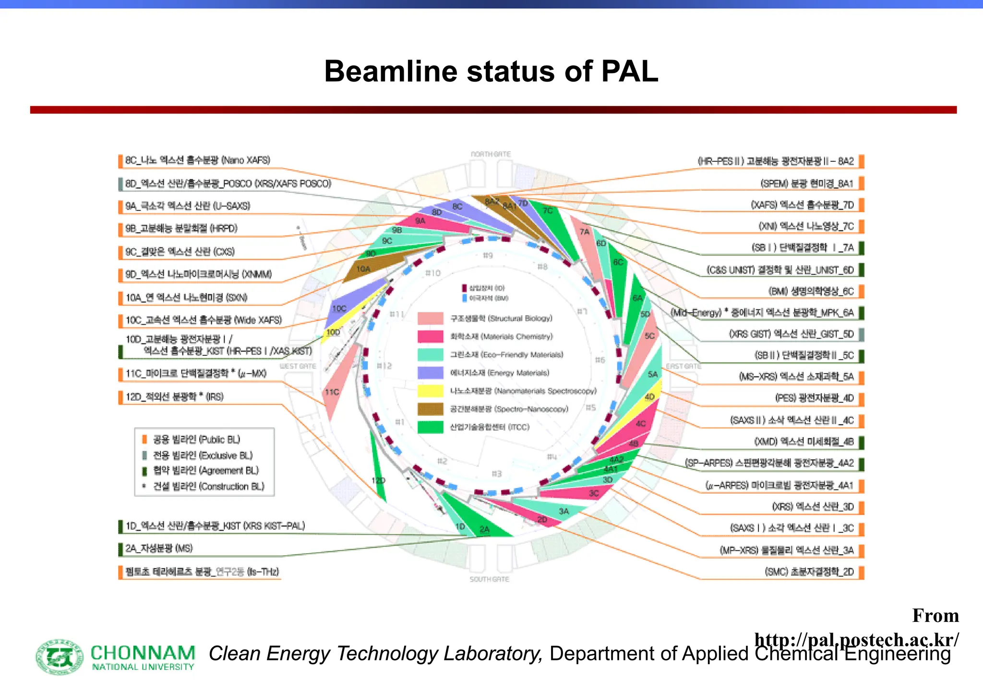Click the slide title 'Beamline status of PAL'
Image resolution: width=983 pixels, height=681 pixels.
(491, 72)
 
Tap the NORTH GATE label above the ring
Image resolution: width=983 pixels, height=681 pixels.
(491, 154)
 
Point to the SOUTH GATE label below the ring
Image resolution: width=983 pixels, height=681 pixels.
(489, 579)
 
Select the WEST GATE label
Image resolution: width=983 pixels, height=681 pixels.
(298, 366)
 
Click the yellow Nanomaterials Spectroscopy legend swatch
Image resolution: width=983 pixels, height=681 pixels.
(430, 391)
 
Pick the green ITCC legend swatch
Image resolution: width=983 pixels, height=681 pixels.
(430, 427)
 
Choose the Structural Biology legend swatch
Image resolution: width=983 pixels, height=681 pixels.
(430, 318)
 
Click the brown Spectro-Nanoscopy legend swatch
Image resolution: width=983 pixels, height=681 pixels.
(430, 409)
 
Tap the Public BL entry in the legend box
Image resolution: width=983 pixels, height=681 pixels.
(196, 439)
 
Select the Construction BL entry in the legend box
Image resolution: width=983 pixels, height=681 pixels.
(208, 486)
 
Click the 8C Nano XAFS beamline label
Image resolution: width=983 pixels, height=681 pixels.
(197, 160)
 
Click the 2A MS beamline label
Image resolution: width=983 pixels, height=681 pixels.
(159, 548)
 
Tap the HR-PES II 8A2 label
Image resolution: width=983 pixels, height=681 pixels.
(776, 161)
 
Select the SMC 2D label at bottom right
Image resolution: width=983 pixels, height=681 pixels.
(809, 572)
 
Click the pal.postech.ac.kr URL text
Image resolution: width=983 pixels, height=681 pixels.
(856, 640)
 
